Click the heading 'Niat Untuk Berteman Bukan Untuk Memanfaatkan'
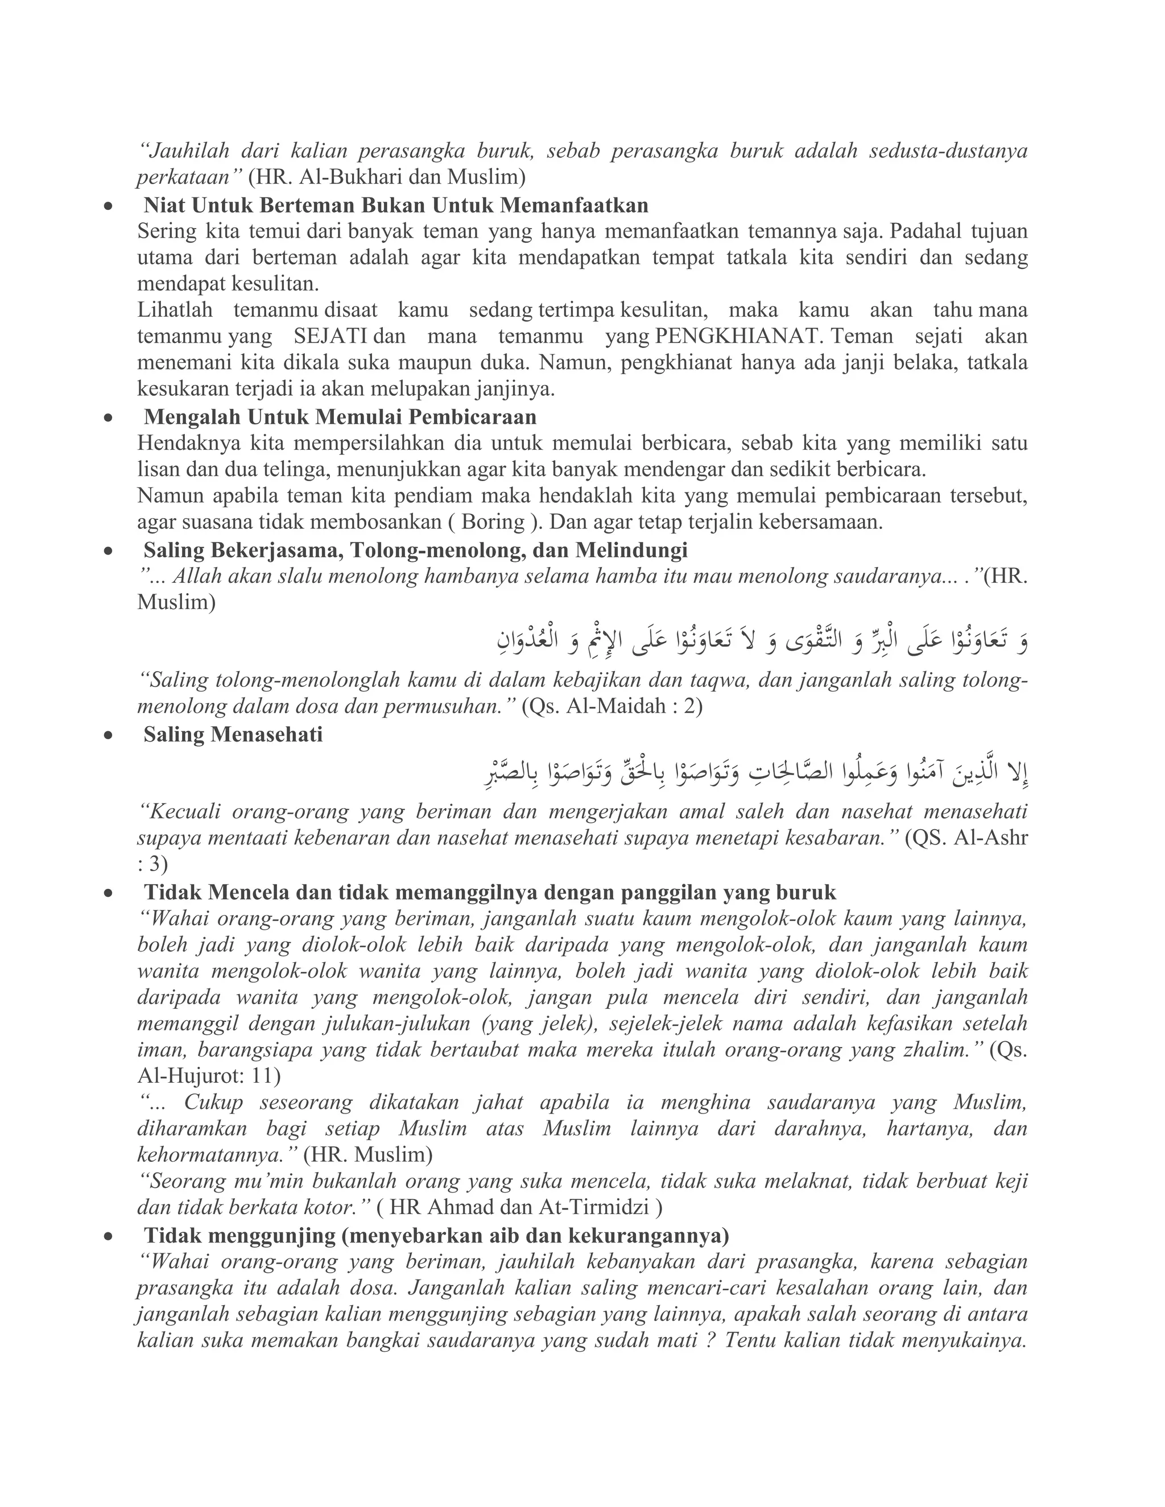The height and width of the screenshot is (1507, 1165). [396, 206]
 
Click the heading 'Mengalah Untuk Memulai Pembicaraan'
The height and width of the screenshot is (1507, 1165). [340, 417]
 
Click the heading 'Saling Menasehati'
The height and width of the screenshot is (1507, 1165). [233, 735]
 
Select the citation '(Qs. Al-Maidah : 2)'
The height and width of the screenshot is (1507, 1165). [612, 707]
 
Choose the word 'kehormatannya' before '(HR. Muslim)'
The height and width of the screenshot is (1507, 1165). [216, 1154]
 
